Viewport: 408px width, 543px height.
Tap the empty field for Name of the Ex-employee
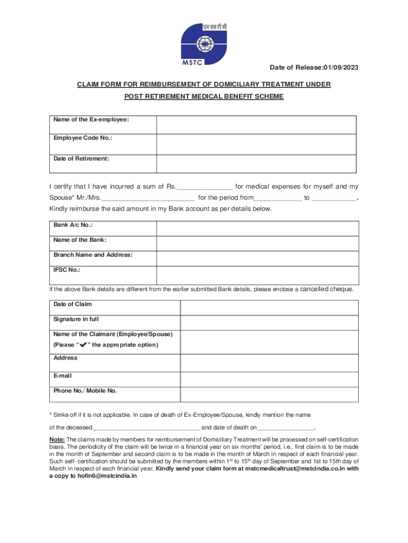click(256, 125)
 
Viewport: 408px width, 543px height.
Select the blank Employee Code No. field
click(256, 144)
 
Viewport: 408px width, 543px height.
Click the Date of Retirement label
click(81, 159)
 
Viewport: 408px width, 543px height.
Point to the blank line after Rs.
click(205, 187)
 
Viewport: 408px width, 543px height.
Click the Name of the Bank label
click(80, 240)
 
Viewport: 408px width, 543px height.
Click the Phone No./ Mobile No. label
click(85, 391)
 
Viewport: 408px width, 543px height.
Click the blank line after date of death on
click(286, 428)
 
